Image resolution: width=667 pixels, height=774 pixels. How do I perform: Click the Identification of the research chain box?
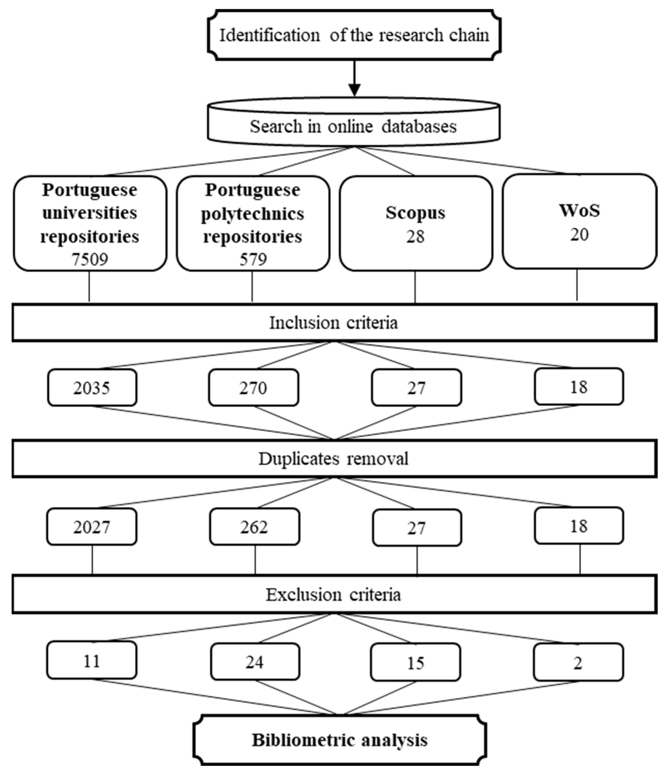[354, 35]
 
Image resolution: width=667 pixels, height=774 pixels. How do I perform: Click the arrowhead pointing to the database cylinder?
[354, 90]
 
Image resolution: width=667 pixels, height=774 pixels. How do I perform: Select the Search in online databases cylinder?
[353, 126]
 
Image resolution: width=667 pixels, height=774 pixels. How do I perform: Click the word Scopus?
[415, 213]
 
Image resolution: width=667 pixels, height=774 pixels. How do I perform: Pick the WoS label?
[579, 210]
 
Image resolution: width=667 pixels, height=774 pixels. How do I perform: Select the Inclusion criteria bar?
[334, 323]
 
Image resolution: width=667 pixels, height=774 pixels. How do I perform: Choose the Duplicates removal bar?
[334, 459]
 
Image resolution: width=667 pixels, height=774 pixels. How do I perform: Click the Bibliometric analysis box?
[340, 740]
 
